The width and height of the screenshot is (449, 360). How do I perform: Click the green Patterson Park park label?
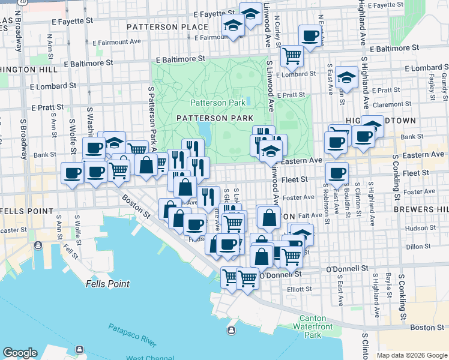(x=218, y=103)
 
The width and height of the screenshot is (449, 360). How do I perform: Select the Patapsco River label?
(x=133, y=335)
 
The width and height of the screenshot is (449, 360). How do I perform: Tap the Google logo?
(x=20, y=353)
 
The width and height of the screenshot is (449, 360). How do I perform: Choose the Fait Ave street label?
(x=310, y=215)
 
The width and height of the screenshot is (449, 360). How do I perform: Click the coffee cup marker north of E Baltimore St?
(x=310, y=37)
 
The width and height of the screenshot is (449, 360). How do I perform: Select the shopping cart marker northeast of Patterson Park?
(x=292, y=56)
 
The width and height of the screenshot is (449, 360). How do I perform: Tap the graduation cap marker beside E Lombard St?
(x=346, y=77)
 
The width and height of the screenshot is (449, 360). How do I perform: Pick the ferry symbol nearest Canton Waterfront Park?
(x=231, y=331)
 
